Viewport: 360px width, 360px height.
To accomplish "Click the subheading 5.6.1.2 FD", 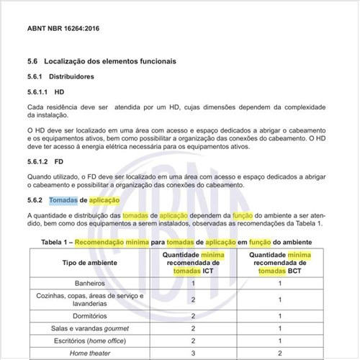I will pos(45,162).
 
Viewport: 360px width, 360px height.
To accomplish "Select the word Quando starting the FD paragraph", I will pos(39,177).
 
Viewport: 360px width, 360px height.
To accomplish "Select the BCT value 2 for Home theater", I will pos(279,352).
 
